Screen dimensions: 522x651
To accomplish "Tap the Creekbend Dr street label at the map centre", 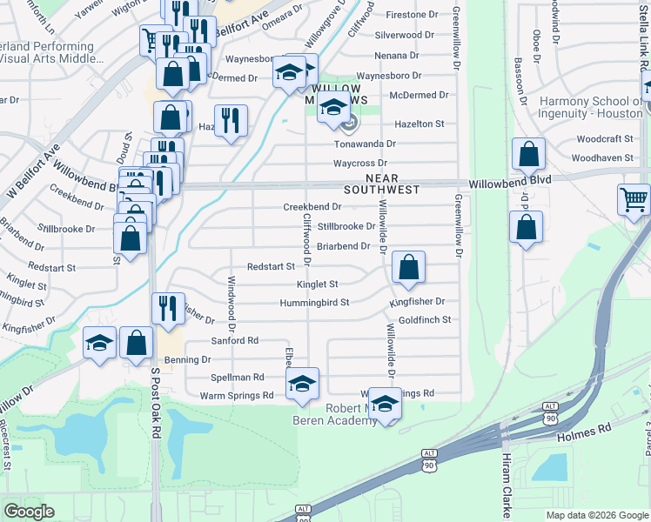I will point(312,207).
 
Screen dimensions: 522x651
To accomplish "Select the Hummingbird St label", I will point(314,303).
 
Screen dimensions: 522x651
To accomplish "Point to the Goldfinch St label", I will point(425,320).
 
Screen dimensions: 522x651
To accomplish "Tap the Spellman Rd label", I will point(237,378).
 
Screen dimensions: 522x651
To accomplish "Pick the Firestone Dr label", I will point(412,16).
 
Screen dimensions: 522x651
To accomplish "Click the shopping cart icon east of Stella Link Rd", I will point(634,199).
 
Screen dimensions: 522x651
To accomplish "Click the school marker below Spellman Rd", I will point(302,384).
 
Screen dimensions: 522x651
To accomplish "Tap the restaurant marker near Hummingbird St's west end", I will point(168,307).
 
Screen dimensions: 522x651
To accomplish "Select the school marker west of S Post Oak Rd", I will point(100,343).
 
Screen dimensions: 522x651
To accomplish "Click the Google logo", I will point(29,512).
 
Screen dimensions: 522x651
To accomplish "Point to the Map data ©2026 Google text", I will point(597,515).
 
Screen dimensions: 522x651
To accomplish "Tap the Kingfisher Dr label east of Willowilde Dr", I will point(417,302).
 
